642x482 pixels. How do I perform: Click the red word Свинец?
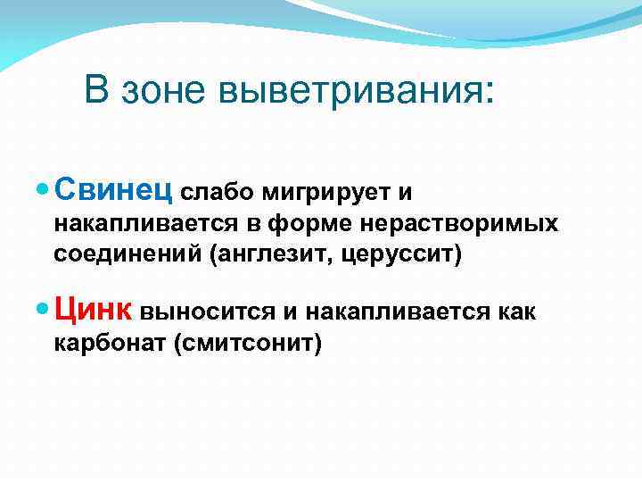[x=115, y=189]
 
